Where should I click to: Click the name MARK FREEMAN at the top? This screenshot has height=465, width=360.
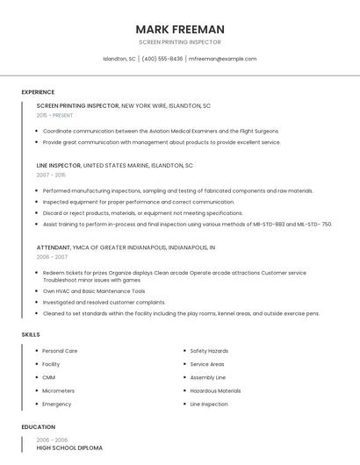pos(180,29)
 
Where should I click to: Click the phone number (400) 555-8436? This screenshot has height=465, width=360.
pos(162,59)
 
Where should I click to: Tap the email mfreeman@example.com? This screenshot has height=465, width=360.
pos(223,59)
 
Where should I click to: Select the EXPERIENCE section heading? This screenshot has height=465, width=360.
pos(38,92)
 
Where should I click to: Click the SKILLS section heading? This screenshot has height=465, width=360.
pos(31,334)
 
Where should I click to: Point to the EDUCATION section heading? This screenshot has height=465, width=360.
pos(39,427)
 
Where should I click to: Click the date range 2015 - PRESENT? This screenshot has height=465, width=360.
pos(54,115)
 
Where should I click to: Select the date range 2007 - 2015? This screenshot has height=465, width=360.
pos(50,175)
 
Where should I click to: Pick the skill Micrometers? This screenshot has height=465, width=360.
pos(58,390)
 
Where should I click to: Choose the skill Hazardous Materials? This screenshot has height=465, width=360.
pos(215,390)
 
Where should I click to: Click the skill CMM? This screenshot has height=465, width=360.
pos(48,377)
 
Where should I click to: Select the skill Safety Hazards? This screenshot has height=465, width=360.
pos(209,351)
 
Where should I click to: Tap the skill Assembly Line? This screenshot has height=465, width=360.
pos(208,377)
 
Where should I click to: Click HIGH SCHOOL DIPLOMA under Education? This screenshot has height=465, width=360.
pos(69,447)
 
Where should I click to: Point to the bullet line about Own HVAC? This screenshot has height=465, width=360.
pos(94,291)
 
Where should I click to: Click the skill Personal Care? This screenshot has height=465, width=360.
pos(60,351)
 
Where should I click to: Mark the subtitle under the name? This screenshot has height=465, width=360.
pos(180,42)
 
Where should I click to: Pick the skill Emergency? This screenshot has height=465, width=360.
pos(56,404)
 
